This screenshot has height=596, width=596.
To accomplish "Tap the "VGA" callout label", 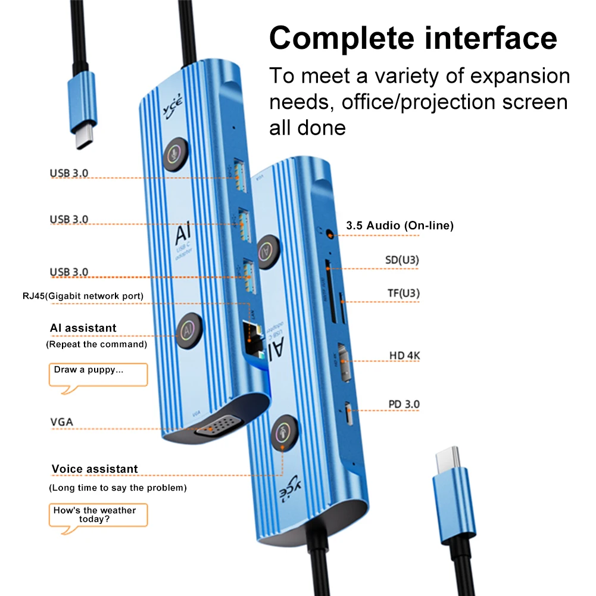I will point(62,422).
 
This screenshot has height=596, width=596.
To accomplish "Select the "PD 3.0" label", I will point(404,404).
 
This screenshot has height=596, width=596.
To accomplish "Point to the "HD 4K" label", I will point(405,355).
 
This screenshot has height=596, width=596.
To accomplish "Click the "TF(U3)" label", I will point(404,293).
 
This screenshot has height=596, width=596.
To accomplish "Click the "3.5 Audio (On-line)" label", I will point(400,226).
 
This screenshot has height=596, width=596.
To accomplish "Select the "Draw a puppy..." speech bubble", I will point(98,374).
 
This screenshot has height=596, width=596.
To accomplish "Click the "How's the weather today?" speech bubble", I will point(98,514).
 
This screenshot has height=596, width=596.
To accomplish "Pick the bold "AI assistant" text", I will point(83,328).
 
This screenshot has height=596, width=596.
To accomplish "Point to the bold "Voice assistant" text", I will point(95,469).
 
